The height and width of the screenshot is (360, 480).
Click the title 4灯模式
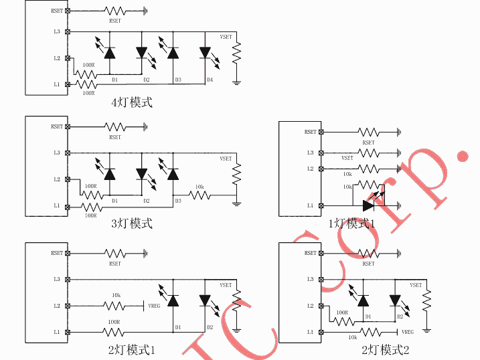[132, 102]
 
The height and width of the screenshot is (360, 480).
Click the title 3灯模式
[132, 223]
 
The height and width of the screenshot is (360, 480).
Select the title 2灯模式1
[131, 350]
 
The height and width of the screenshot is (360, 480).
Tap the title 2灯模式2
[385, 350]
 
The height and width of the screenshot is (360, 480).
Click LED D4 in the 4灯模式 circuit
[206, 52]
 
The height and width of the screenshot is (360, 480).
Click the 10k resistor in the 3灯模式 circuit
[199, 195]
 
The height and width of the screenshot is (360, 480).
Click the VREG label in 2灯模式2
[407, 332]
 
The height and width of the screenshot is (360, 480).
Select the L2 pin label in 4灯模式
[57, 58]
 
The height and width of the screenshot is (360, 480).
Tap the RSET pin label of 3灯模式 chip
[57, 126]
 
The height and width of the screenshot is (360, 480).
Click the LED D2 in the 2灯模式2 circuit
[395, 300]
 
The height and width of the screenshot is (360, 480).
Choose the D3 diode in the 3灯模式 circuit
[173, 174]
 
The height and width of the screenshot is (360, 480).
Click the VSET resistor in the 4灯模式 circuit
[236, 53]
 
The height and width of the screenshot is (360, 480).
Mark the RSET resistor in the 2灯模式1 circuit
[114, 254]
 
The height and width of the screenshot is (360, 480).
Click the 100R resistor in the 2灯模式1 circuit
[114, 332]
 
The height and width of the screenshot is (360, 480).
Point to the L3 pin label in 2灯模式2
[310, 279]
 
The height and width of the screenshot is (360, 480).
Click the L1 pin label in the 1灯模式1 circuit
[310, 205]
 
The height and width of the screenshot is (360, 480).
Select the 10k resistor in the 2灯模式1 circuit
[114, 306]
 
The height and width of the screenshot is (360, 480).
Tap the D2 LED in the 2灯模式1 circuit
[206, 301]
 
